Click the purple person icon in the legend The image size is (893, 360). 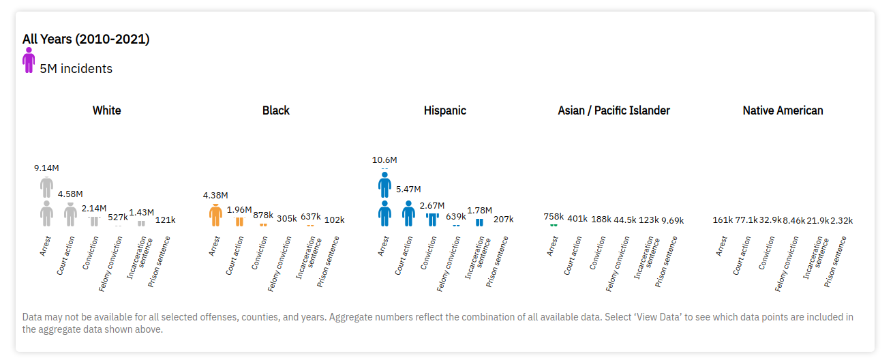(29, 61)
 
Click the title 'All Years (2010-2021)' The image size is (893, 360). (86, 40)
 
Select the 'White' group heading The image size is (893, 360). (107, 110)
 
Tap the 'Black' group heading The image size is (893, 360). (276, 110)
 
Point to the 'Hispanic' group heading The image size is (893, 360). (445, 110)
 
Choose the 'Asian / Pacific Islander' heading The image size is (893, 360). (614, 110)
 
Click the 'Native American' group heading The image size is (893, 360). (783, 110)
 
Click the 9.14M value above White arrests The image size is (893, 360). (46, 168)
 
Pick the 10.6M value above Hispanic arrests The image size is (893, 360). (384, 160)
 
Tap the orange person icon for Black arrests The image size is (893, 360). (215, 215)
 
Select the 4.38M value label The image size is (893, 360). (215, 196)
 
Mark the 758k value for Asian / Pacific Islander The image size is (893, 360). (554, 217)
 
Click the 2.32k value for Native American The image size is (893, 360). (841, 220)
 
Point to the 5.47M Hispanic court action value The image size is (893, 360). (408, 190)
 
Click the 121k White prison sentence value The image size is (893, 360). (165, 220)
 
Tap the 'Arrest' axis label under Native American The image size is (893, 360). (721, 246)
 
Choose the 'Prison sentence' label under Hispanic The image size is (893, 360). (497, 261)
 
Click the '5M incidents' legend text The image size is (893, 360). (76, 69)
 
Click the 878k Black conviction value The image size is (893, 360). (263, 215)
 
